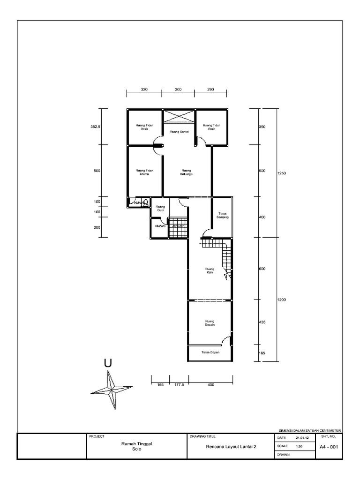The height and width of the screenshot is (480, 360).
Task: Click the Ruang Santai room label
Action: click(179, 132)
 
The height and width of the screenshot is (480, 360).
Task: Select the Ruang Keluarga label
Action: click(187, 172)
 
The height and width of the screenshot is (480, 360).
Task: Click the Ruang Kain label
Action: click(210, 270)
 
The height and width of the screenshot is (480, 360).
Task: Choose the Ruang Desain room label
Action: click(210, 323)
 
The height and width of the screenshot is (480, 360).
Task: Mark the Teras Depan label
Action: click(210, 352)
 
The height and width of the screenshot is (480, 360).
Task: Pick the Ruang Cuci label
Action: click(160, 209)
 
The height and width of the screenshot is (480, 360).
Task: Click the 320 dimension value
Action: click(144, 89)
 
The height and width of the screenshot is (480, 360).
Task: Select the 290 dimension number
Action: click(211, 89)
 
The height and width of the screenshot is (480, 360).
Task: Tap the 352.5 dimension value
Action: click(96, 127)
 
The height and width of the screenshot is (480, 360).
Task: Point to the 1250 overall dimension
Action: click(281, 173)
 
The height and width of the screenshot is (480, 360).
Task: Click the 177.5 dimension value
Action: click(179, 385)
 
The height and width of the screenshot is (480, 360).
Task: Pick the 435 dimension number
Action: click(262, 323)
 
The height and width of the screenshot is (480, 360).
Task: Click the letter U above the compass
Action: click(108, 363)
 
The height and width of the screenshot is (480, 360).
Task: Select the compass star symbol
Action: click(112, 389)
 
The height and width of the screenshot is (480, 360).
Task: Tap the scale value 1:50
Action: click(300, 446)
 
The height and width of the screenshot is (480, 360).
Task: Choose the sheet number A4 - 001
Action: click(329, 447)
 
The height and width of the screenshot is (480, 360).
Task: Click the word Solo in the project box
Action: click(136, 449)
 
